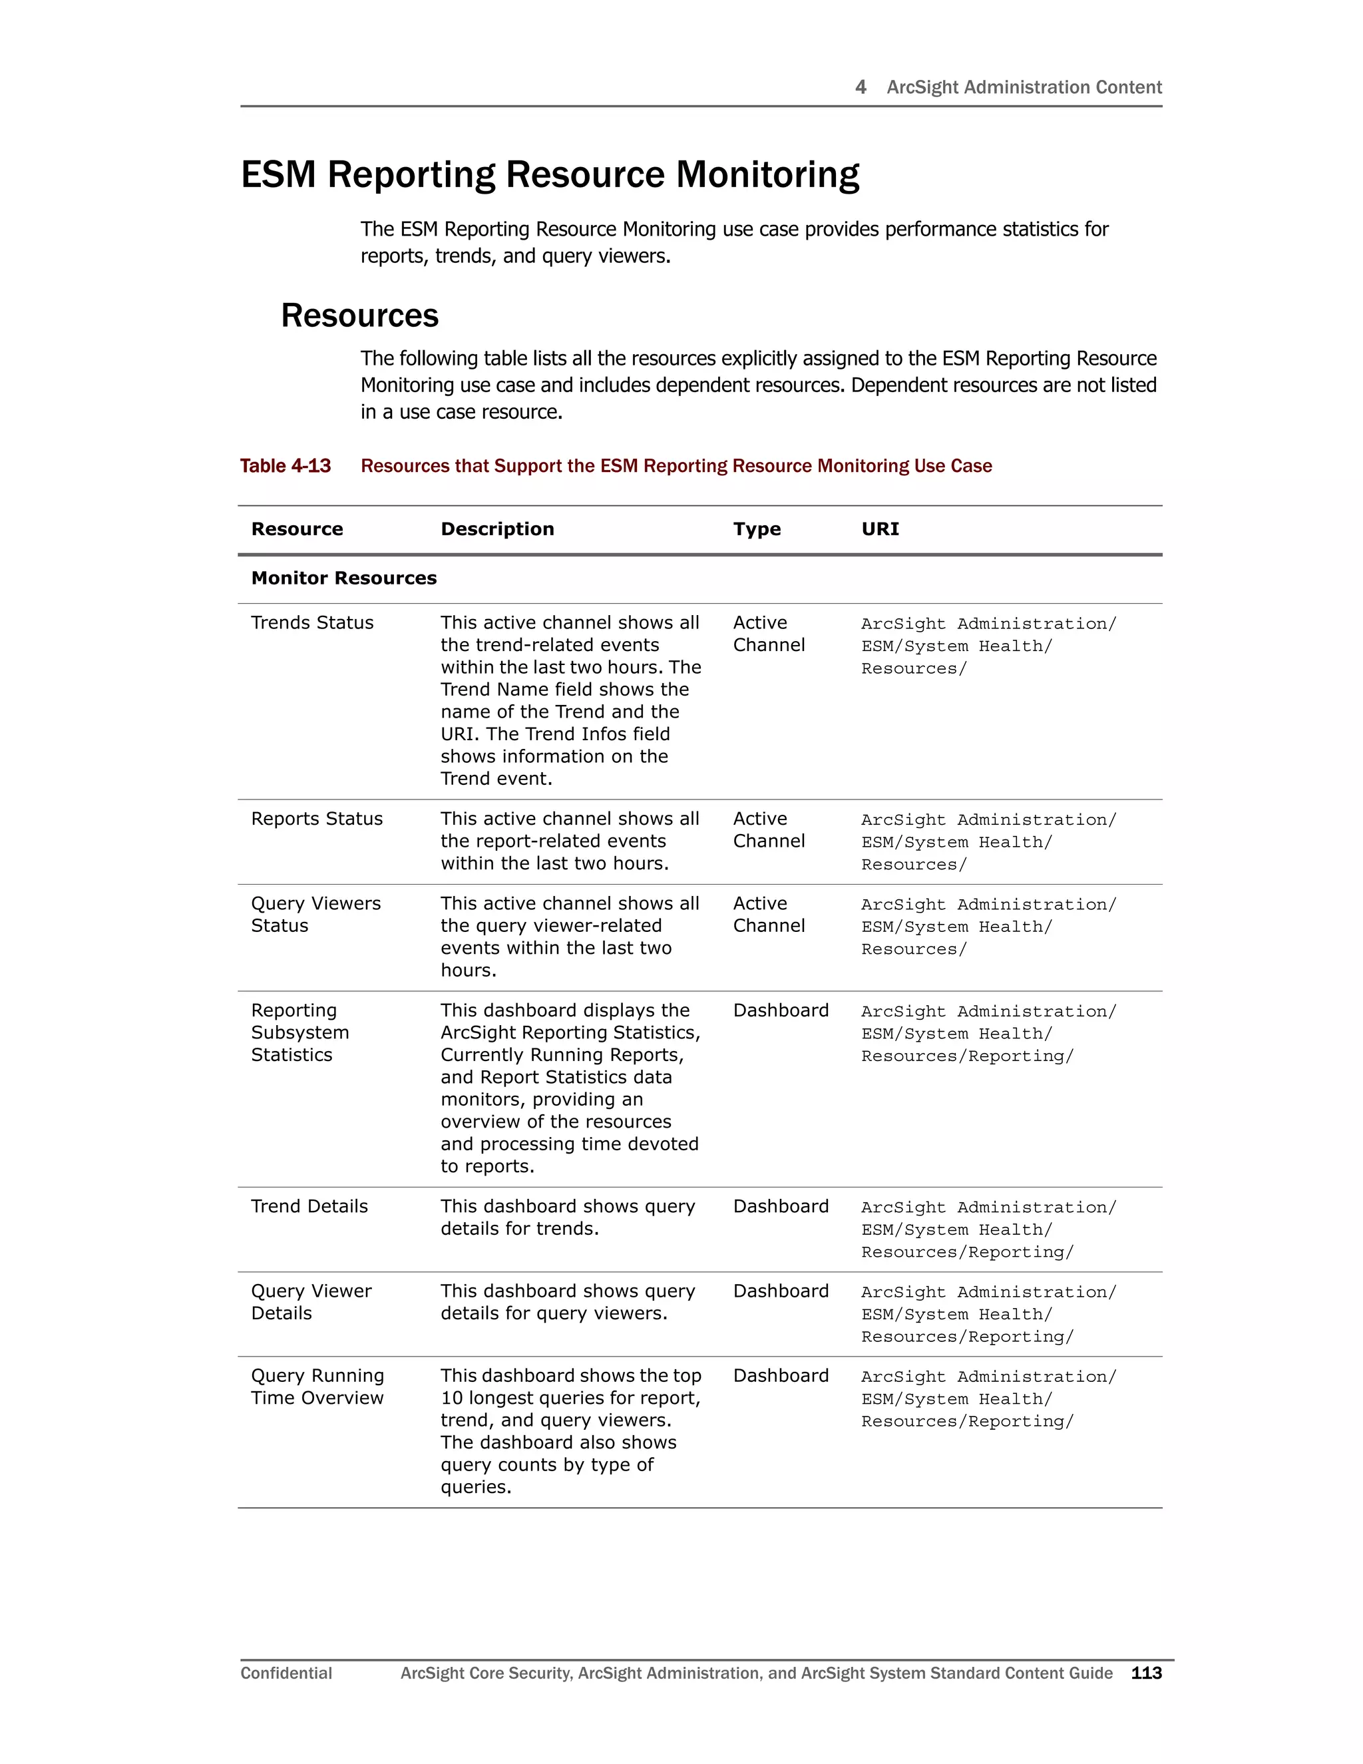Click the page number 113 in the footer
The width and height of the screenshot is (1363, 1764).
pyautogui.click(x=1146, y=1673)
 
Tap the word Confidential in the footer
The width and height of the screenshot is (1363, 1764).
pyautogui.click(x=286, y=1673)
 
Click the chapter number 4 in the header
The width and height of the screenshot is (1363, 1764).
pyautogui.click(x=861, y=87)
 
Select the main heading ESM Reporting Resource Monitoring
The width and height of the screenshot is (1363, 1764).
pyautogui.click(x=550, y=174)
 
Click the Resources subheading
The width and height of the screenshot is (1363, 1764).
pyautogui.click(x=359, y=315)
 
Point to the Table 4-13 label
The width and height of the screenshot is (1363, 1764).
pyautogui.click(x=285, y=466)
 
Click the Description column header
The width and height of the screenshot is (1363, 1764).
pyautogui.click(x=497, y=529)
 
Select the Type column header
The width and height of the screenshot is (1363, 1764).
pyautogui.click(x=757, y=529)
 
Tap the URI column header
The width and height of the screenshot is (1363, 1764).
pyautogui.click(x=880, y=529)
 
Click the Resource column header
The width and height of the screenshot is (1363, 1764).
pyautogui.click(x=297, y=529)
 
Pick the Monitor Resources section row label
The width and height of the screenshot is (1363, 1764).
pyautogui.click(x=344, y=578)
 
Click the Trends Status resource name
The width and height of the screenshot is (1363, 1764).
pyautogui.click(x=313, y=623)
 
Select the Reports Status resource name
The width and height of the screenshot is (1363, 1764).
pyautogui.click(x=317, y=819)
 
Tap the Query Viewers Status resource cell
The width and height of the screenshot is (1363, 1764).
pyautogui.click(x=315, y=915)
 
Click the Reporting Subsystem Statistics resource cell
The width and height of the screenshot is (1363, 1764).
pyautogui.click(x=299, y=1032)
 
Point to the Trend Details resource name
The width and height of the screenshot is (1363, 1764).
pyautogui.click(x=309, y=1207)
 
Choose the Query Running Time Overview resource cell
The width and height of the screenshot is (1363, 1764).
pyautogui.click(x=317, y=1387)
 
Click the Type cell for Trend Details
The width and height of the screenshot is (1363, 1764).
pyautogui.click(x=781, y=1207)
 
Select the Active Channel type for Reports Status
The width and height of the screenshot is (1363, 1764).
pyautogui.click(x=768, y=829)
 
